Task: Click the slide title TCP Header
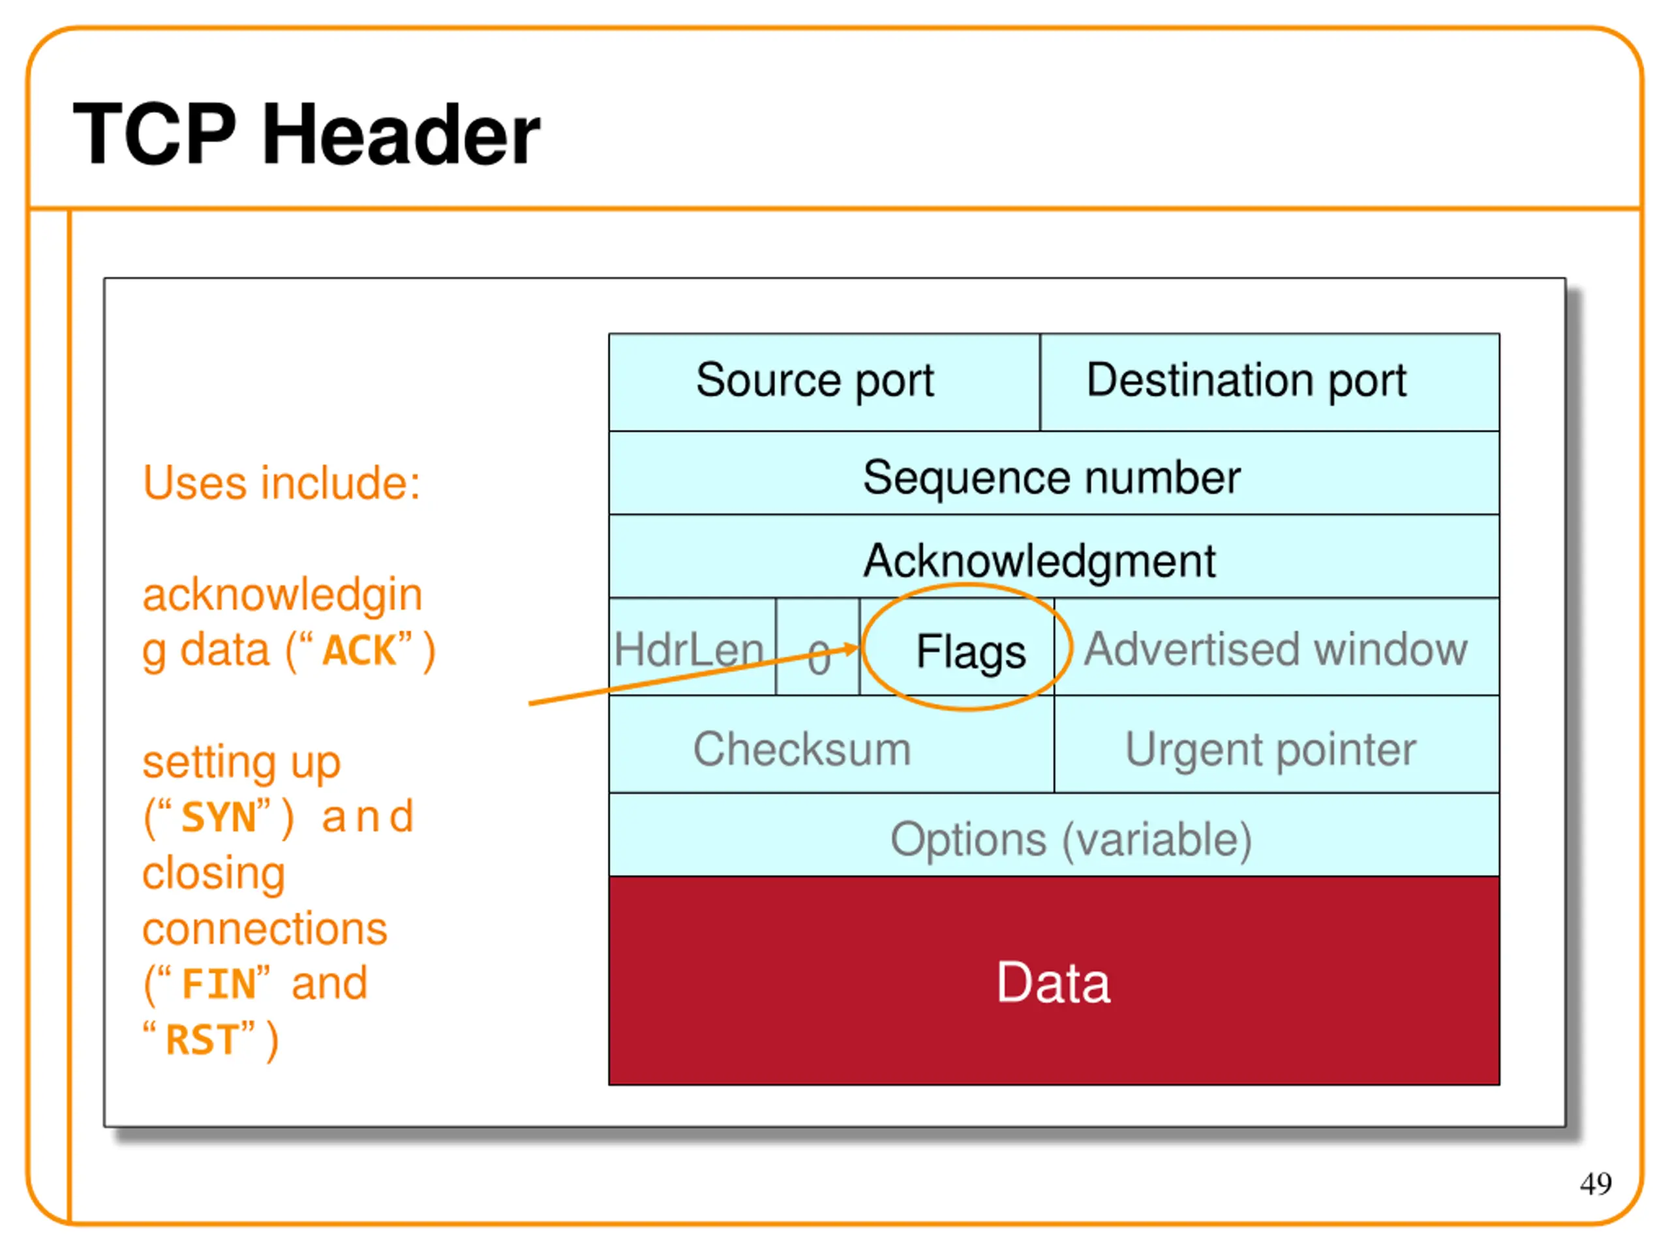pyautogui.click(x=306, y=134)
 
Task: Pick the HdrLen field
pyautogui.click(x=688, y=649)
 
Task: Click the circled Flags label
pyautogui.click(x=970, y=651)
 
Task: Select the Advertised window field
pyautogui.click(x=1275, y=649)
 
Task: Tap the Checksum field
pyautogui.click(x=802, y=749)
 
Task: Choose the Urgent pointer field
pyautogui.click(x=1270, y=749)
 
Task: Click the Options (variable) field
pyautogui.click(x=1070, y=839)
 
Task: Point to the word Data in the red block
pyautogui.click(x=1053, y=983)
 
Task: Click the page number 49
pyautogui.click(x=1595, y=1184)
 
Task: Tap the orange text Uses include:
pyautogui.click(x=281, y=483)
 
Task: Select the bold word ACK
pyautogui.click(x=359, y=651)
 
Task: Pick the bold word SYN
pyautogui.click(x=219, y=817)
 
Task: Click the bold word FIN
pyautogui.click(x=219, y=984)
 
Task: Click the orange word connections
pyautogui.click(x=264, y=929)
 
